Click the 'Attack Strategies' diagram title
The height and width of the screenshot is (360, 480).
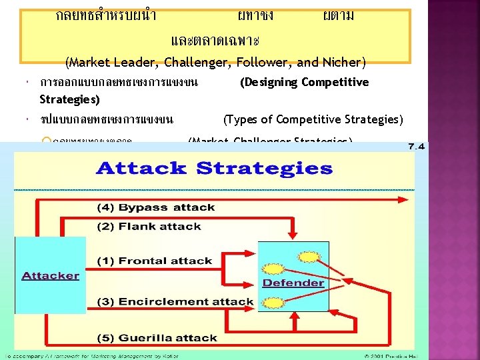214,167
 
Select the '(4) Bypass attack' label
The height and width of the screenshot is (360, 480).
157,207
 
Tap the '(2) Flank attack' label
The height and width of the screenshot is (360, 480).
149,226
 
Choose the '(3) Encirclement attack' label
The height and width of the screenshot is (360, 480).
175,301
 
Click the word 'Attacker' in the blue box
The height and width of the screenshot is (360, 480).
50,275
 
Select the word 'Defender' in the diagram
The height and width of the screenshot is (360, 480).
293,282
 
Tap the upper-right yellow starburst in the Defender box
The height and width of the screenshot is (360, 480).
309,257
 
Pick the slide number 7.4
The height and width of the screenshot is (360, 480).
417,146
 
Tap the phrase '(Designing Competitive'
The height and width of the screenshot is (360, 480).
303,82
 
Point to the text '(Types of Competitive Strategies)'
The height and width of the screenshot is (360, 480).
313,119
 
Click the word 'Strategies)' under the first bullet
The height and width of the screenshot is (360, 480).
69,100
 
